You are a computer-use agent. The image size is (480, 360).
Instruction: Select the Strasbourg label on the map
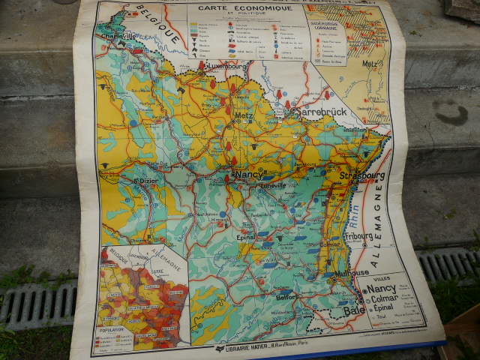point(361,176)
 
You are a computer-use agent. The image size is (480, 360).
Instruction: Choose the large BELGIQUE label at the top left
point(164,23)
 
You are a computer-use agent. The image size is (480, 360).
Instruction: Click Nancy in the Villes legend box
point(382,288)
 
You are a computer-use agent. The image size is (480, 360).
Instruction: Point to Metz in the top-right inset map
point(369,63)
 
